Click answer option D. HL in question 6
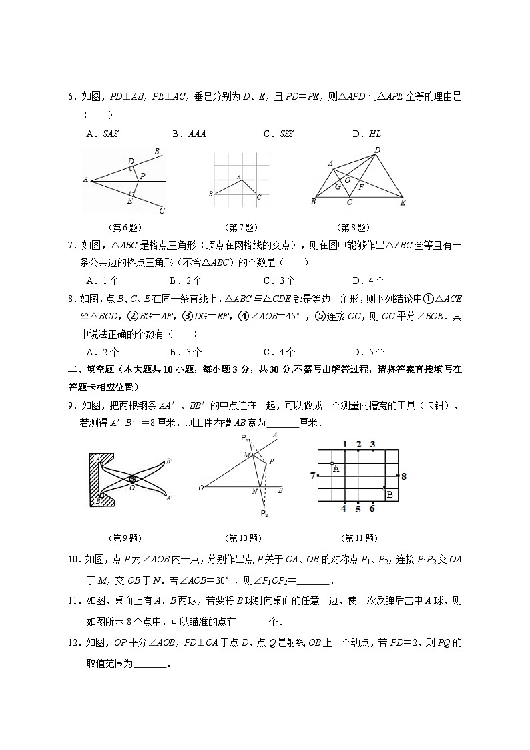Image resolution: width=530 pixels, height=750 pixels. click(x=366, y=134)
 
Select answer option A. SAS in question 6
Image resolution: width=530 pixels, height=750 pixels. click(x=102, y=134)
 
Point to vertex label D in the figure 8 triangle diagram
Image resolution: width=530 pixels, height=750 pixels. click(x=377, y=150)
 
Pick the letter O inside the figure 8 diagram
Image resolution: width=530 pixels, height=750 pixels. click(x=346, y=180)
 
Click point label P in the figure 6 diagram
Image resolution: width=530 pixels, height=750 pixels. click(x=143, y=176)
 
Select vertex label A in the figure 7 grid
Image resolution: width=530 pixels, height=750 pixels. click(x=238, y=176)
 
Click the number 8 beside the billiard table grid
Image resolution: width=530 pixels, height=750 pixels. click(x=403, y=476)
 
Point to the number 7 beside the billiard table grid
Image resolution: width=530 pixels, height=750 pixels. click(x=312, y=475)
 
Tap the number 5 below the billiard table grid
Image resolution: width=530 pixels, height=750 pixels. click(x=358, y=509)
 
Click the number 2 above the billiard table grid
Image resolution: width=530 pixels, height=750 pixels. click(x=358, y=444)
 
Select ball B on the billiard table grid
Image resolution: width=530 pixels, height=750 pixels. click(x=390, y=494)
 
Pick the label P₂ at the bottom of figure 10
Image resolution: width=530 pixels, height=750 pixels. click(x=264, y=513)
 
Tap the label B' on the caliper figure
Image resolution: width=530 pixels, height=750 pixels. click(x=170, y=461)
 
